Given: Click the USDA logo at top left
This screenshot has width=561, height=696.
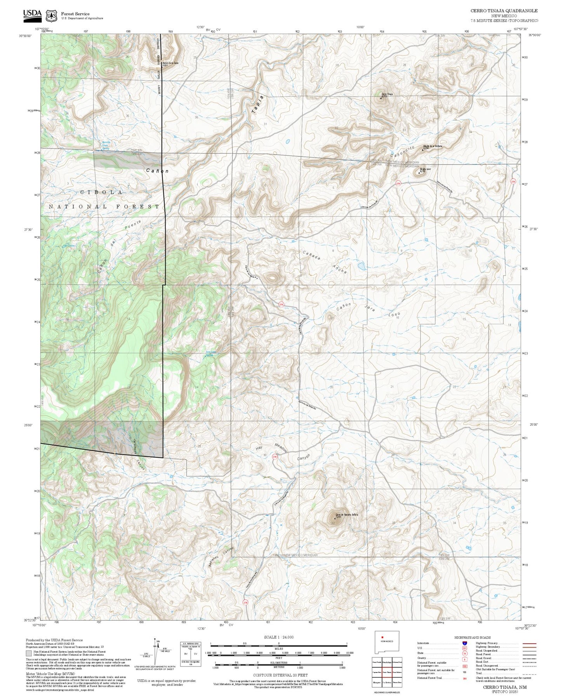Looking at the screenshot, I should click(32, 14).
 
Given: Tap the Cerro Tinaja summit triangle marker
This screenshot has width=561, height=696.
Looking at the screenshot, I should click(380, 98).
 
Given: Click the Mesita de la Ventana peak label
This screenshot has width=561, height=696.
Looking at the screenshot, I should click(432, 146).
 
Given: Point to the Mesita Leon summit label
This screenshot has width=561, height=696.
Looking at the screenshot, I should click(425, 169).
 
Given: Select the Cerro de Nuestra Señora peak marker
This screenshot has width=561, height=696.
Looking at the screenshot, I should click(335, 518).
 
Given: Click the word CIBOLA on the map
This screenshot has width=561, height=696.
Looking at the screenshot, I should click(101, 192).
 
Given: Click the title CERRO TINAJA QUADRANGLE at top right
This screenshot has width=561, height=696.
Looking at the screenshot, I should click(504, 11).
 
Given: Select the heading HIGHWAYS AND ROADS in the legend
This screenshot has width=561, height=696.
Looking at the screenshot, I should click(472, 637).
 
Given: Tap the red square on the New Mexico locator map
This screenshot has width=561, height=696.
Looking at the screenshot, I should click(382, 637).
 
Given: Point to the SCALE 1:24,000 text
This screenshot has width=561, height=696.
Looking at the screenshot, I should click(279, 637).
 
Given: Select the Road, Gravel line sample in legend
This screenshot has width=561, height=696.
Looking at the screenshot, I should click(529, 659).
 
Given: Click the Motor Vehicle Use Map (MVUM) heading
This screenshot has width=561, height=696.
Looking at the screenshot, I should click(50, 674).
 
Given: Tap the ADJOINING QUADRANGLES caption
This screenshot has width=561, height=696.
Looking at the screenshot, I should click(386, 693).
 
